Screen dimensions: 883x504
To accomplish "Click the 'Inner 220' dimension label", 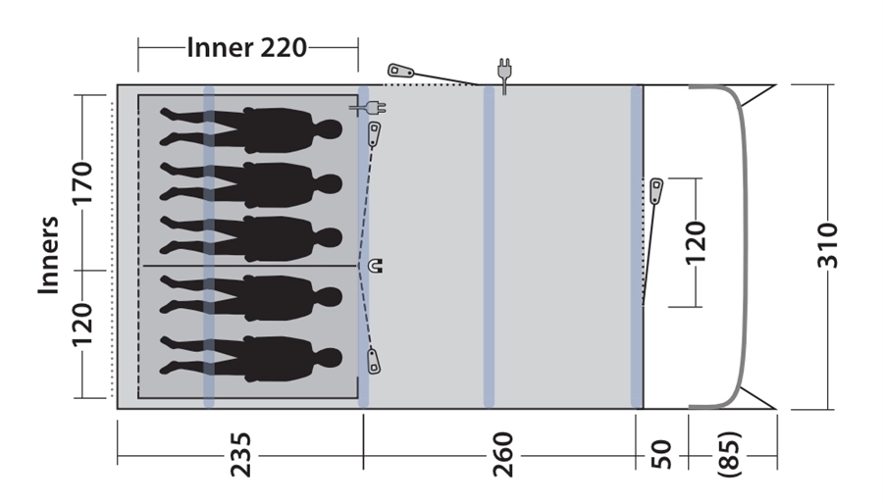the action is [x=246, y=48].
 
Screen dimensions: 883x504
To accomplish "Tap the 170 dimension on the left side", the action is [x=82, y=182].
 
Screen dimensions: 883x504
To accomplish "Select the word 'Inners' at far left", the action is [x=48, y=255].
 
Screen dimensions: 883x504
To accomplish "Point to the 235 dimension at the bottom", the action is [x=240, y=455].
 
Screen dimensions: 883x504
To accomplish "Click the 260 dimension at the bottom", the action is [x=502, y=455].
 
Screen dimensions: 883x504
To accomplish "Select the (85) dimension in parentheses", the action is [x=730, y=455].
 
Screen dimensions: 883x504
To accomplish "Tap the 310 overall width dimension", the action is [x=828, y=246].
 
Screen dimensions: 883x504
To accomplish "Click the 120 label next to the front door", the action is [x=696, y=242].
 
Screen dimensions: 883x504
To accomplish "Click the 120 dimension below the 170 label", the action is [x=82, y=326].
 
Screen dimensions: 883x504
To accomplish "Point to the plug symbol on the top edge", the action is [x=504, y=76].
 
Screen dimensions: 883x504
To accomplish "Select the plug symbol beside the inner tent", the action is [x=368, y=107].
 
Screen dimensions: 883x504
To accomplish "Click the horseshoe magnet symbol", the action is [x=375, y=265].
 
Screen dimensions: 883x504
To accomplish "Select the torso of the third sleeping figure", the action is [x=279, y=238].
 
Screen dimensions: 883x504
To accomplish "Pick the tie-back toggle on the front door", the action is [x=656, y=191].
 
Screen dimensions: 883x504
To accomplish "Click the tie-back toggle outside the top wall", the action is [x=400, y=71].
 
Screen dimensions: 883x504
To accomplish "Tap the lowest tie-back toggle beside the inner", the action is [x=374, y=361].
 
